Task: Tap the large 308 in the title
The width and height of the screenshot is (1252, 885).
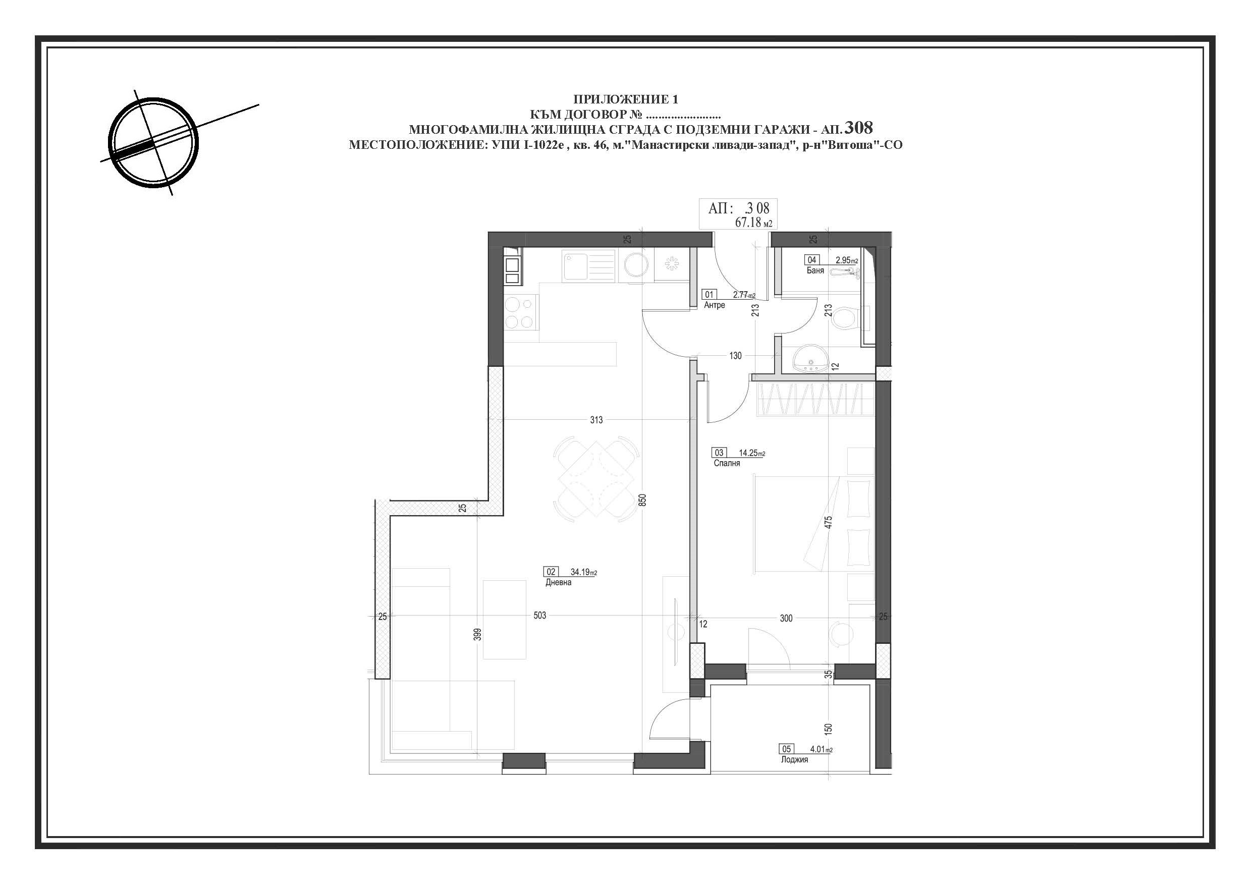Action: [x=858, y=128]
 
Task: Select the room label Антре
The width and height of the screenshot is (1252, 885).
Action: [x=715, y=305]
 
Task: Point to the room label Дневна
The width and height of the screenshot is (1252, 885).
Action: [x=559, y=582]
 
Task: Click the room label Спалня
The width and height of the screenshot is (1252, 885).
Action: [x=727, y=463]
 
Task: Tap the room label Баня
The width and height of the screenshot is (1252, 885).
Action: [x=815, y=270]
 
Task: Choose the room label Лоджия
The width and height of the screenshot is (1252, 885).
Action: [x=794, y=759]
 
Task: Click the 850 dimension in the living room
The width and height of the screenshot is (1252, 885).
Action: [x=643, y=500]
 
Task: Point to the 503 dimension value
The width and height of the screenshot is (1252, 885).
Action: [x=540, y=616]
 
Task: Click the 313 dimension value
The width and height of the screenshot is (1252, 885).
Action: [x=596, y=420]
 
